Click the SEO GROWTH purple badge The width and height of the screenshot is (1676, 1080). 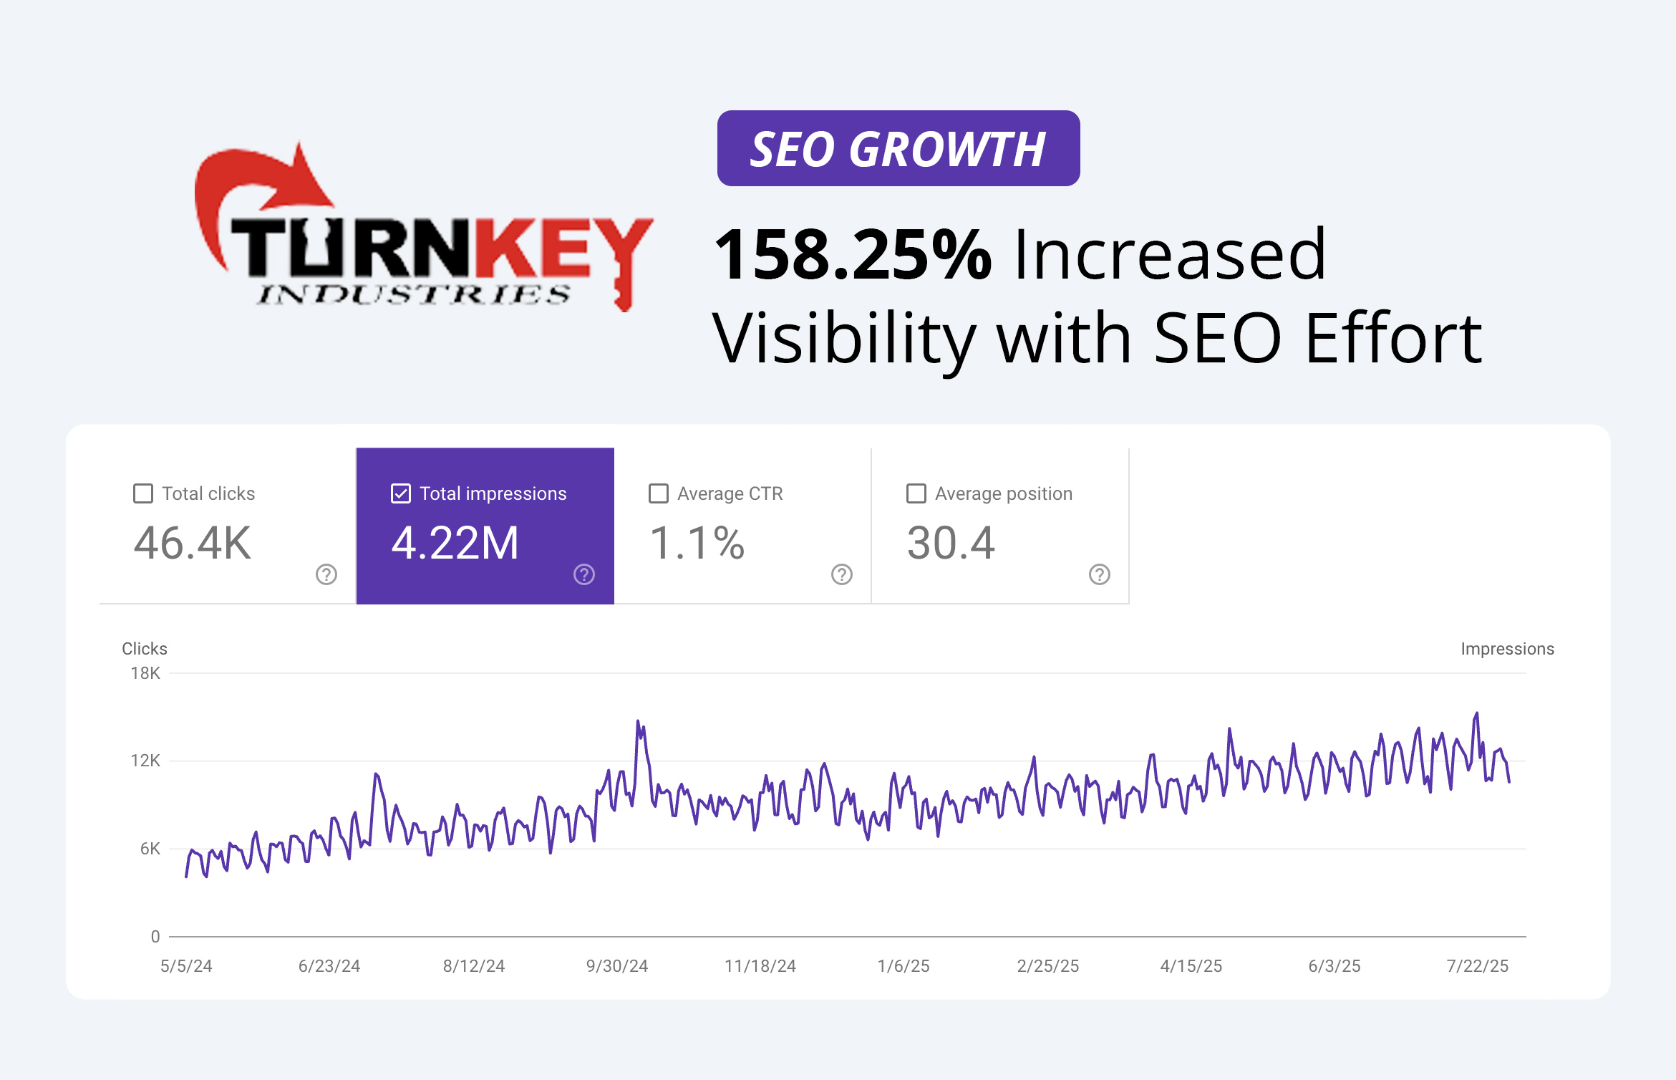pyautogui.click(x=898, y=148)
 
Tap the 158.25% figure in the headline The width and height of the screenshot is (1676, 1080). pyautogui.click(x=852, y=255)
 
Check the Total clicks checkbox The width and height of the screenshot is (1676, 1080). pyautogui.click(x=143, y=493)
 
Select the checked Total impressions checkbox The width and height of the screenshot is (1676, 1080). pyautogui.click(x=401, y=493)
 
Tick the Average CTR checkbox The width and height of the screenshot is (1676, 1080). pyautogui.click(x=659, y=493)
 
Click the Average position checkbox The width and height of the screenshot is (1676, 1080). pyautogui.click(x=916, y=493)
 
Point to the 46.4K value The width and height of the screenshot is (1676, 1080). pyautogui.click(x=193, y=543)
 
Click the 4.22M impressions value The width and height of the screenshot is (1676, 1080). pyautogui.click(x=455, y=543)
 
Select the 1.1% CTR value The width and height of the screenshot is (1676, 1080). pyautogui.click(x=697, y=543)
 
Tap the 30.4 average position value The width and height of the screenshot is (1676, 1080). pyautogui.click(x=951, y=543)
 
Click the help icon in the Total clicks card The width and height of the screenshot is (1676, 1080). pyautogui.click(x=326, y=574)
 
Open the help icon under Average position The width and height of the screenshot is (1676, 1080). pyautogui.click(x=1100, y=574)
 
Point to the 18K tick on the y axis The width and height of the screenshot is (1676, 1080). pyautogui.click(x=145, y=673)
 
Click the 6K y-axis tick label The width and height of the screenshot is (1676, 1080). pyautogui.click(x=150, y=849)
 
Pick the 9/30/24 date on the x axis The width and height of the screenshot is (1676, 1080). pyautogui.click(x=616, y=966)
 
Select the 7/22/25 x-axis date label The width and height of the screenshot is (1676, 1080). pyautogui.click(x=1477, y=966)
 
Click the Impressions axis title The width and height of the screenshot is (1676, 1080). pyautogui.click(x=1507, y=649)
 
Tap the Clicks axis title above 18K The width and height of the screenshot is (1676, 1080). pyautogui.click(x=145, y=649)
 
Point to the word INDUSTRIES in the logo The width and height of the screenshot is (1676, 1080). pyautogui.click(x=414, y=294)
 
